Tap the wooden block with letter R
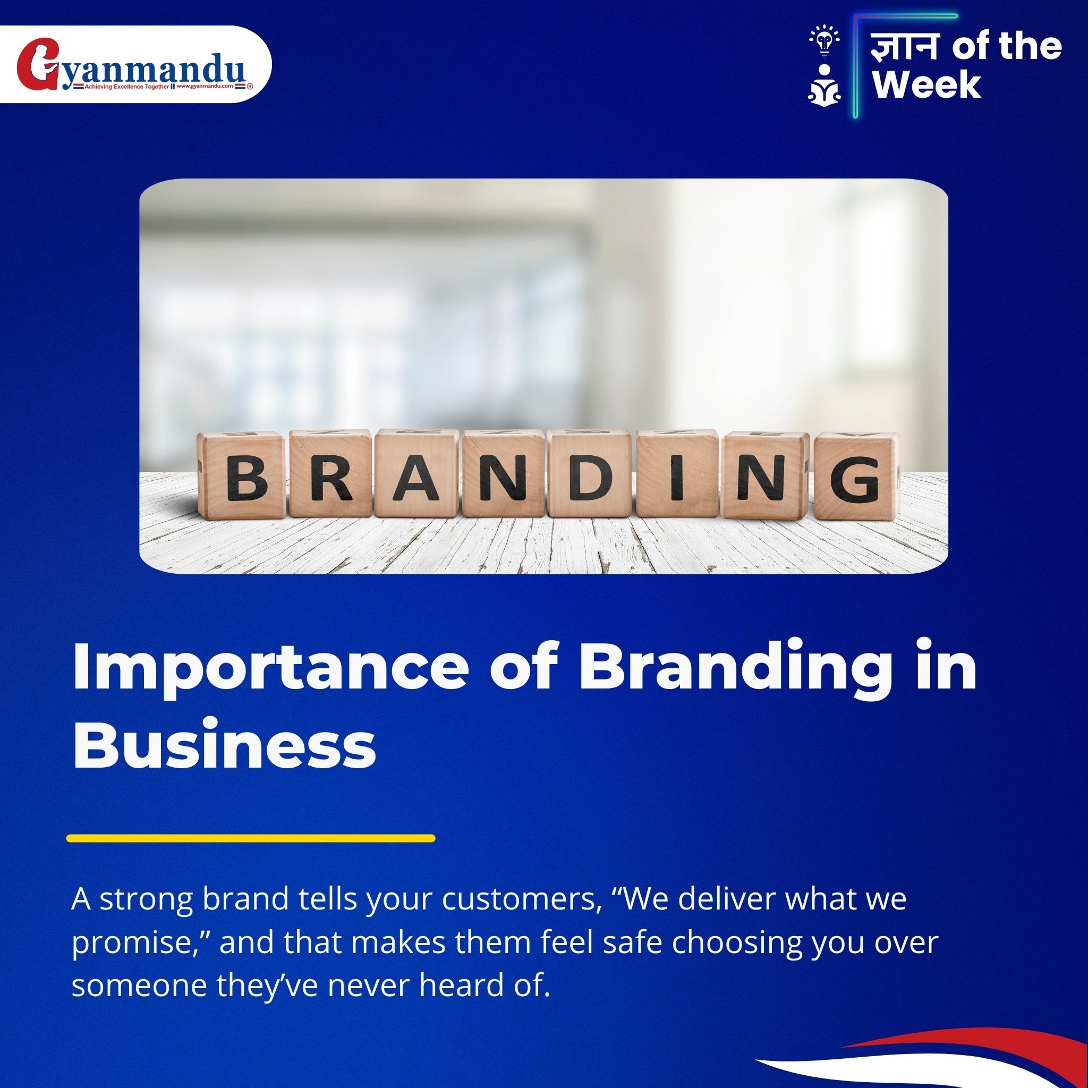(330, 475)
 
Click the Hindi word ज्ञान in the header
(906, 46)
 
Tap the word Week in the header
(927, 84)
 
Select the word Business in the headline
(225, 744)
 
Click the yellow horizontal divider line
(251, 838)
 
